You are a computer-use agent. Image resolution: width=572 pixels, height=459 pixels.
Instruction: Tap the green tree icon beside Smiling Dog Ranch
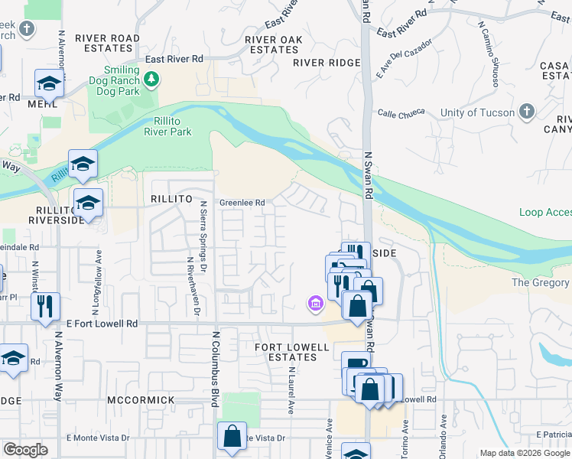coord(151,79)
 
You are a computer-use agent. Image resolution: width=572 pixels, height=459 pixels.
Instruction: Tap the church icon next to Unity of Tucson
coord(525,112)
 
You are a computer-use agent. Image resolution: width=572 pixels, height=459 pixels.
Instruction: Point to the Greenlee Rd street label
coord(242,203)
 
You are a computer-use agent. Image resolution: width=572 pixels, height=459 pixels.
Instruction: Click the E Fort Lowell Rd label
coord(101,324)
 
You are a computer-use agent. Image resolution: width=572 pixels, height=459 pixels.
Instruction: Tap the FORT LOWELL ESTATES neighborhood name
coord(291,353)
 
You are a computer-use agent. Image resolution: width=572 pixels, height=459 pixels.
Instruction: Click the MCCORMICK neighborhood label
coord(141,400)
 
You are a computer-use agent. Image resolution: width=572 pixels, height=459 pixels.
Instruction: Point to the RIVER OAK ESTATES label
coord(274,44)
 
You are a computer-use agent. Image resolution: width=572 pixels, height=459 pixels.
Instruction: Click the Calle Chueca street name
coord(401,113)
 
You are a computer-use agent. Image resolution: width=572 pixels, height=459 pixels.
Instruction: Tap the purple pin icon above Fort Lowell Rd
coord(315,304)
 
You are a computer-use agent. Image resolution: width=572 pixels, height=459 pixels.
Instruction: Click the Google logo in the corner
coord(26,451)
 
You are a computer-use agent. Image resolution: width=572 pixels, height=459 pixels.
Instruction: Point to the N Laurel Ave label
coord(291,390)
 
